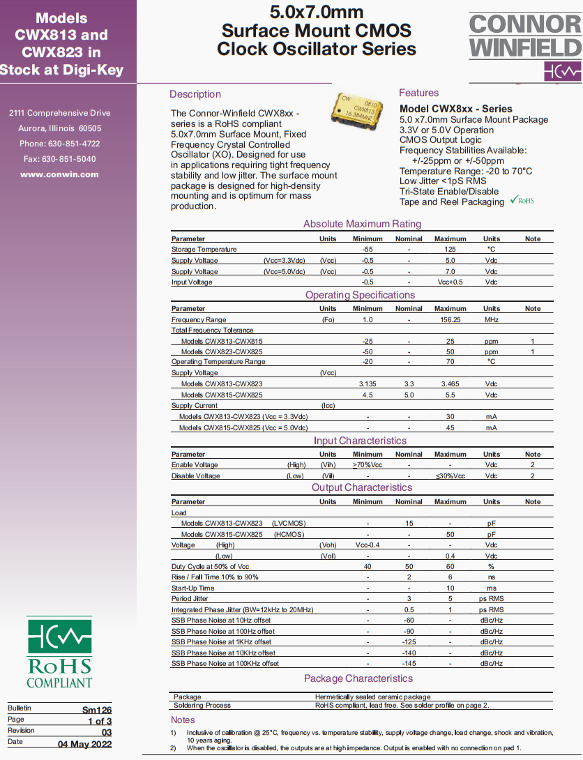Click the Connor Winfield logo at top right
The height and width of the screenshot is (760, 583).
click(525, 46)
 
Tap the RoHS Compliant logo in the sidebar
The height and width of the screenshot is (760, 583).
click(59, 652)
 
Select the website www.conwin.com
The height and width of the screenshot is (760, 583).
click(59, 174)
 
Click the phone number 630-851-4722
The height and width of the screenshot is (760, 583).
click(73, 144)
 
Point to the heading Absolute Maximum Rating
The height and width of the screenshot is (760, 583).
click(362, 224)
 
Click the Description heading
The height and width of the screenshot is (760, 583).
click(195, 94)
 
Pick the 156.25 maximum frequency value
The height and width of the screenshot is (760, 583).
click(450, 319)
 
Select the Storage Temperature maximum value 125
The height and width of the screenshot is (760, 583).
click(450, 250)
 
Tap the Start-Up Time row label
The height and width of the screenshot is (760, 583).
click(193, 588)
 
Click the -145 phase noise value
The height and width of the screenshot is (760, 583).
click(409, 664)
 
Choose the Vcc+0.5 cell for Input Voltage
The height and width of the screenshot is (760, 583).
click(450, 282)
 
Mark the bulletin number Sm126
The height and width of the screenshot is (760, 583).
click(97, 709)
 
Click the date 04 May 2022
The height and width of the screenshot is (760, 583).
click(84, 744)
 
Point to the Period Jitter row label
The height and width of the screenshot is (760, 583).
click(190, 599)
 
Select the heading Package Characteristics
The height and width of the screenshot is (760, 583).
click(358, 678)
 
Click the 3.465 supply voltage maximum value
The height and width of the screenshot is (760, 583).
click(450, 384)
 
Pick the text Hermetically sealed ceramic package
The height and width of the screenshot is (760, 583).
click(372, 697)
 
